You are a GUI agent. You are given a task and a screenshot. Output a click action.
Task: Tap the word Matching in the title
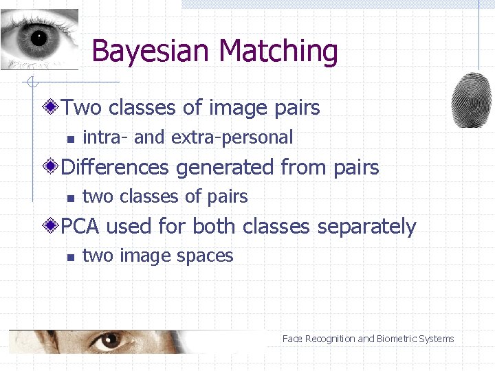tap(278, 52)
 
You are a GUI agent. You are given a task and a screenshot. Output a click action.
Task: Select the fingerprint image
tap(472, 100)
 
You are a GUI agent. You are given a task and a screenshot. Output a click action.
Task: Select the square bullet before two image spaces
tap(70, 258)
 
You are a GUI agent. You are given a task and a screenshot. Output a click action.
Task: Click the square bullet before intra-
tap(70, 139)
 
